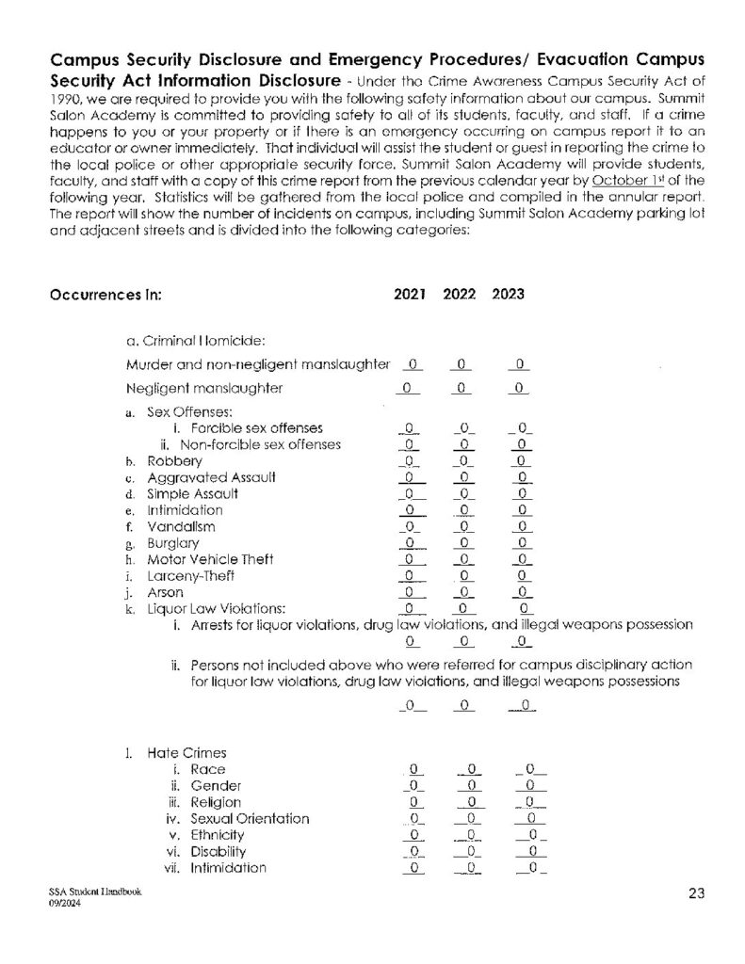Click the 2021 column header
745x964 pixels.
click(410, 294)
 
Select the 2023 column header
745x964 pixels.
click(508, 294)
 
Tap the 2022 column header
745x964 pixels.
click(459, 294)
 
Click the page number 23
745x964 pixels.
click(696, 894)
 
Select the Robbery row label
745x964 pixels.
click(174, 461)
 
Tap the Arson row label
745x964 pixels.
click(165, 593)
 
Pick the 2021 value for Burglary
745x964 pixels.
click(410, 543)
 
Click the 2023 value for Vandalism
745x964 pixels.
click(520, 527)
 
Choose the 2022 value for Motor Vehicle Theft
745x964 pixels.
click(462, 560)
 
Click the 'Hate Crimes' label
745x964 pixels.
click(186, 753)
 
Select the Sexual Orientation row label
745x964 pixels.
click(250, 818)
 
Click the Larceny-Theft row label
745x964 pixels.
click(190, 576)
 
